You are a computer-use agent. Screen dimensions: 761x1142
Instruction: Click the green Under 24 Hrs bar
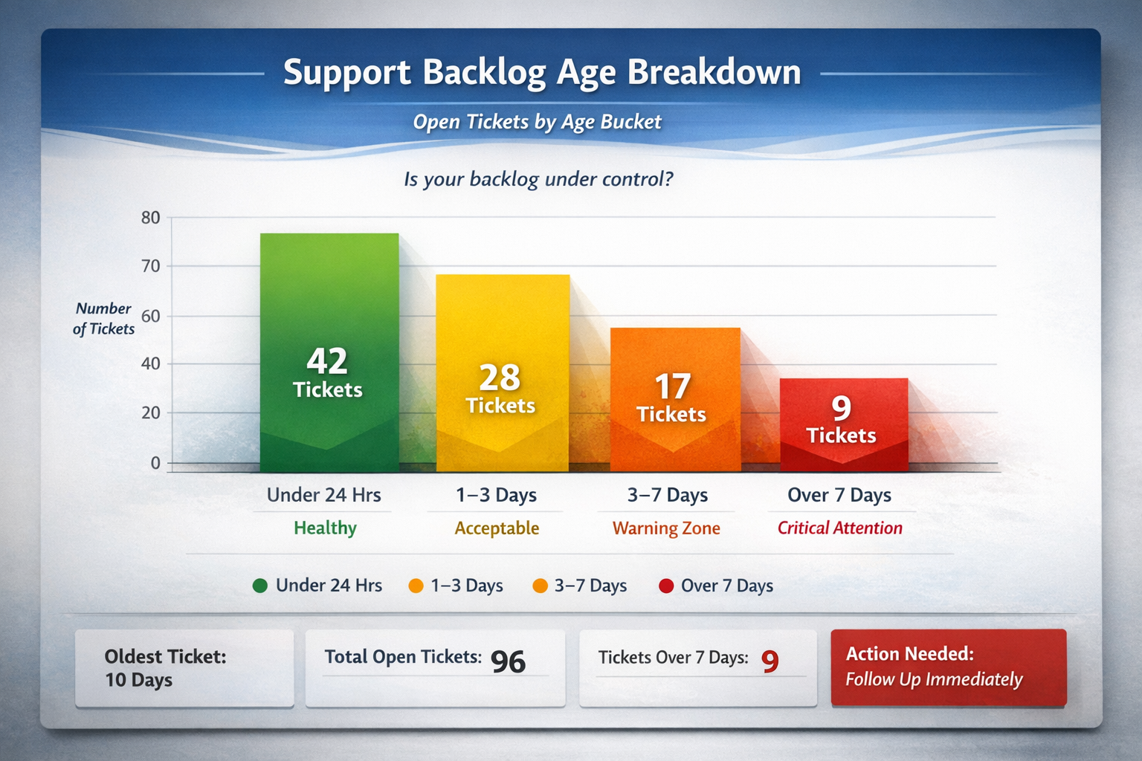(x=329, y=353)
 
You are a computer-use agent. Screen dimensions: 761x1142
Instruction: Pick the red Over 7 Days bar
(x=844, y=424)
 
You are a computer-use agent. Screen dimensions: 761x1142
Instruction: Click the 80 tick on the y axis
(x=151, y=218)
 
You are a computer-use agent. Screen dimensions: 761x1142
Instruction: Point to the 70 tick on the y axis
(x=151, y=266)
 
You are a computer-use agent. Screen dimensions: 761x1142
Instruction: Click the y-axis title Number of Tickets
(x=104, y=319)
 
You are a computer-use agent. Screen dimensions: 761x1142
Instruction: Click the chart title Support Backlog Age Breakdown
(x=542, y=73)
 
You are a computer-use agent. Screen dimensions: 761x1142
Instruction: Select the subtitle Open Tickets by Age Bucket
(x=537, y=122)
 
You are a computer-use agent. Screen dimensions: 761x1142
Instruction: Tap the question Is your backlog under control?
(x=538, y=179)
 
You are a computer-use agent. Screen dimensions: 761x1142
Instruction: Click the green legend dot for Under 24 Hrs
(x=260, y=586)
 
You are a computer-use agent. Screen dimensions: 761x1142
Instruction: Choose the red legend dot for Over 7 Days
(x=666, y=586)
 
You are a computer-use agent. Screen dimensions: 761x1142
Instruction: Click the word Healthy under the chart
(x=325, y=528)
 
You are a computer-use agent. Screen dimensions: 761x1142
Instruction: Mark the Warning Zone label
(x=666, y=528)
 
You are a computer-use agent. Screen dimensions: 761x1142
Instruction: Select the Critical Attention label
(x=839, y=528)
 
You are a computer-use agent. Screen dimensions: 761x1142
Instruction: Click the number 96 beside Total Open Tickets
(x=508, y=661)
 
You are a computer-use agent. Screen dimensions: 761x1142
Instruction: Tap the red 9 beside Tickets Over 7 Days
(x=770, y=661)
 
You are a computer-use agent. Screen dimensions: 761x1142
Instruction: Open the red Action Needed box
(x=948, y=667)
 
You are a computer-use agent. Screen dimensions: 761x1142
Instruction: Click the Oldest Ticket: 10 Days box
(x=184, y=667)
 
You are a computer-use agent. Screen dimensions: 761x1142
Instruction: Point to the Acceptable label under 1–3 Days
(x=497, y=528)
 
